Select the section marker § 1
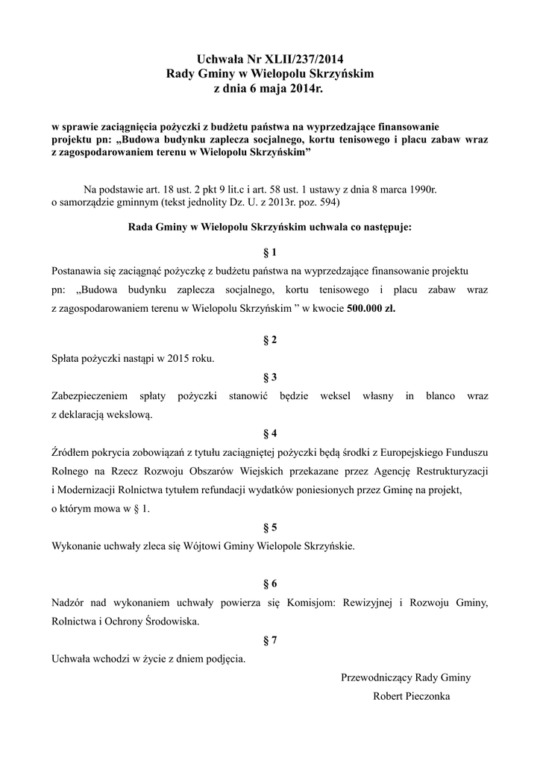coord(270,251)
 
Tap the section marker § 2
coord(270,340)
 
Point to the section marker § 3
coord(270,377)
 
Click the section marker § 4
coord(270,433)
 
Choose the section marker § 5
coord(270,527)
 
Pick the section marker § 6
coord(270,583)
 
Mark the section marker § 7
coord(270,639)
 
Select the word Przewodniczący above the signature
coord(377,677)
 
